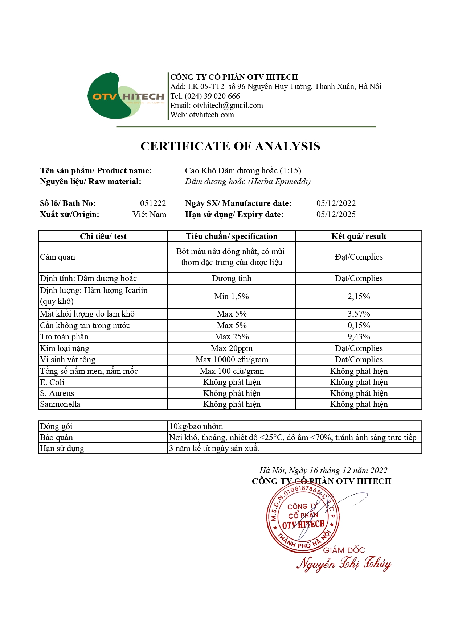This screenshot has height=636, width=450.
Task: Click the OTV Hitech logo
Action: coord(125,96)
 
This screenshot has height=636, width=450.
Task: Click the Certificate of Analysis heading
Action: coord(230,146)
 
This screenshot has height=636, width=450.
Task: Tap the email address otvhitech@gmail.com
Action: coord(228,106)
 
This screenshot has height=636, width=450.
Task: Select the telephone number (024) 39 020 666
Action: coord(212,96)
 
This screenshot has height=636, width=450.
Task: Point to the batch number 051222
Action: coord(153,203)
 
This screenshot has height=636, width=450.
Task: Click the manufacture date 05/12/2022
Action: coord(336,203)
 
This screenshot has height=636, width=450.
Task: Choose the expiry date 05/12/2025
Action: coord(336,214)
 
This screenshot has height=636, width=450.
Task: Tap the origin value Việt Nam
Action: coord(149,214)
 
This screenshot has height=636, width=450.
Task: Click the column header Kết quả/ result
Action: coord(359,236)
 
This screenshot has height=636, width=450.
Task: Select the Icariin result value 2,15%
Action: coord(359,296)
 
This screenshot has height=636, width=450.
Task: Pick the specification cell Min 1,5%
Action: coord(232,296)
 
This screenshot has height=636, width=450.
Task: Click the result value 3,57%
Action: coord(359,314)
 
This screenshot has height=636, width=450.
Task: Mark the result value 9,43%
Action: coord(359,336)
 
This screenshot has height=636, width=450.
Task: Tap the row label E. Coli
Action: coord(52,382)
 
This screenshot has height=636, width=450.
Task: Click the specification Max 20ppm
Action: coord(232,348)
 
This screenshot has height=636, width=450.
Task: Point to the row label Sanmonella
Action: coord(60,404)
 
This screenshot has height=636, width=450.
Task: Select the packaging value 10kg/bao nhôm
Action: coord(196,426)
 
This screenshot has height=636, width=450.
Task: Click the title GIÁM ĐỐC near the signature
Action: coord(344,550)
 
